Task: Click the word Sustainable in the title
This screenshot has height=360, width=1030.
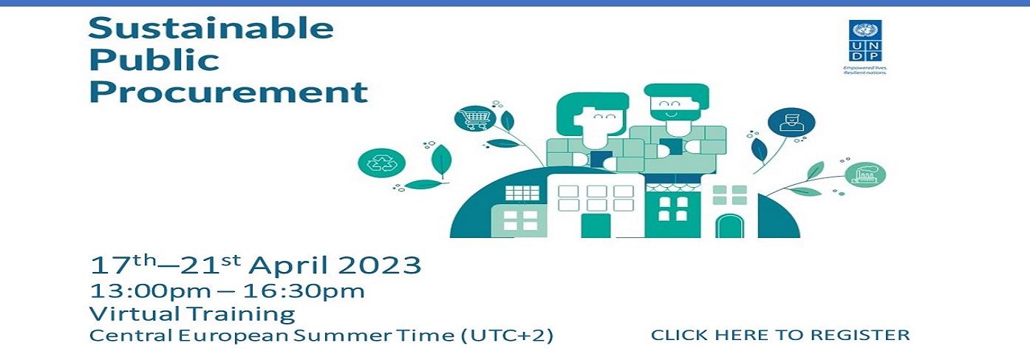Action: click(211, 28)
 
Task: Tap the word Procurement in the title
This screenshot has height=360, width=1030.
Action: click(228, 92)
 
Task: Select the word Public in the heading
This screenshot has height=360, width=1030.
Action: click(154, 60)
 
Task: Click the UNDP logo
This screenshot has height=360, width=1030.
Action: click(865, 41)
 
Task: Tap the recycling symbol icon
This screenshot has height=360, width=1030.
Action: click(382, 163)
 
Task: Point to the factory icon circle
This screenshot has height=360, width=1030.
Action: click(865, 175)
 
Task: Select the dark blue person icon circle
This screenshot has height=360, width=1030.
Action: click(791, 123)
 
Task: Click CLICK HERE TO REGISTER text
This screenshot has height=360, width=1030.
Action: click(780, 335)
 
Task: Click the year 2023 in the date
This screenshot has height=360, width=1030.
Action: click(379, 265)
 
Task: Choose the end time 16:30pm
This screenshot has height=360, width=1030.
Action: click(304, 291)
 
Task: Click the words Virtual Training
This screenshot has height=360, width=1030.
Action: click(192, 314)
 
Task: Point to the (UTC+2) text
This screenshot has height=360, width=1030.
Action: click(507, 335)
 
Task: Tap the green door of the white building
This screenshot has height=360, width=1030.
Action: click(596, 225)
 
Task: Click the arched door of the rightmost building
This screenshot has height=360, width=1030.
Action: click(730, 226)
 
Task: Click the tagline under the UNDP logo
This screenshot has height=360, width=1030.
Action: click(865, 70)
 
